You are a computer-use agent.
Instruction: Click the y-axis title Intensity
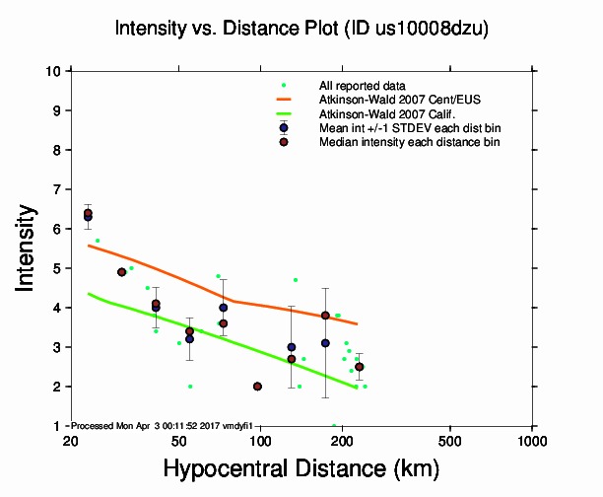[29, 248]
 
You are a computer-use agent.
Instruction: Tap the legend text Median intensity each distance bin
[409, 142]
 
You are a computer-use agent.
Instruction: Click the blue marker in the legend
[284, 127]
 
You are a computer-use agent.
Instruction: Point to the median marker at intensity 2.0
[257, 387]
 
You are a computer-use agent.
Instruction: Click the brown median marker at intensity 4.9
[121, 272]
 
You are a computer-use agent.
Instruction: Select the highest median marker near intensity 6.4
[88, 213]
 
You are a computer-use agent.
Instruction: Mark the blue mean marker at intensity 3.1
[325, 343]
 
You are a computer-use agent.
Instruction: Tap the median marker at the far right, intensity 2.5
[359, 367]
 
